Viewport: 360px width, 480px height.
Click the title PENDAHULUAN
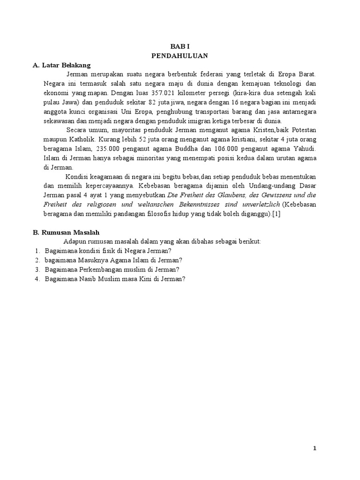click(180, 56)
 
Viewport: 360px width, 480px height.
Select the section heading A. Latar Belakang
click(61, 65)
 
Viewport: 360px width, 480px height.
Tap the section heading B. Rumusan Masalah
click(66, 232)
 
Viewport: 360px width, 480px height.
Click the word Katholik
click(75, 139)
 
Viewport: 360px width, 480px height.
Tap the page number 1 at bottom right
click(315, 449)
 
